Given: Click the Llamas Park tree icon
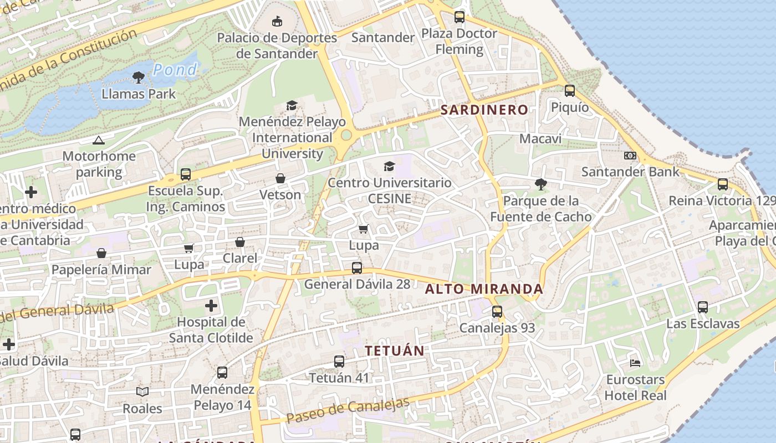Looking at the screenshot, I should [x=139, y=78].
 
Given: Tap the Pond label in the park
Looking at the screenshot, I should [x=175, y=70].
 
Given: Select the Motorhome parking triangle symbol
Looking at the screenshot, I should [x=99, y=140].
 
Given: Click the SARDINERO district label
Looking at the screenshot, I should [x=484, y=110].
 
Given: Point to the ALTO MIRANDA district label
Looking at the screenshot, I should [x=484, y=289].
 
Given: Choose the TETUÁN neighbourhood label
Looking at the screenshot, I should [x=395, y=351].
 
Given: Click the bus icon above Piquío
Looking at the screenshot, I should [x=569, y=91].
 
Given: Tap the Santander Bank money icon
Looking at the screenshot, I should [x=630, y=156].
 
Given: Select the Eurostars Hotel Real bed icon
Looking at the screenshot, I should [x=635, y=363].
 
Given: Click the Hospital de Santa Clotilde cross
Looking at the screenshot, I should [x=211, y=306].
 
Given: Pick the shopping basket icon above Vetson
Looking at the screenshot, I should [x=280, y=178].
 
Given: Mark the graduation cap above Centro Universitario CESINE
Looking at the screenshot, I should [x=390, y=166].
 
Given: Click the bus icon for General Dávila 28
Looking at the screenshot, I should [x=357, y=268].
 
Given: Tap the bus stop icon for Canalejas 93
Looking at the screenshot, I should [x=497, y=312].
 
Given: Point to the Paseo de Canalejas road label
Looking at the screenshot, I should [x=348, y=410].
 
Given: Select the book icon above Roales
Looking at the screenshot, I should [x=142, y=392].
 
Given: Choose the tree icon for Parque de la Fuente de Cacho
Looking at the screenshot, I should [x=540, y=184].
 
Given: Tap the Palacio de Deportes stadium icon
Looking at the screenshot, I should [x=277, y=22].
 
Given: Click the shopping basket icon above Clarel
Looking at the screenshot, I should [x=240, y=242].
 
